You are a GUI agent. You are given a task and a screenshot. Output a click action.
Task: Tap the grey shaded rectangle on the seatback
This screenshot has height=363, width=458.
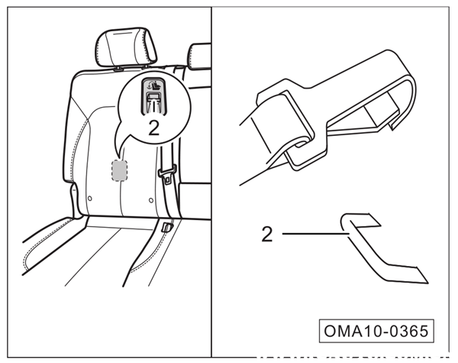119,170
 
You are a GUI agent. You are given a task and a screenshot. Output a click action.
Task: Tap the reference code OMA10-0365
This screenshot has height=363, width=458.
375,332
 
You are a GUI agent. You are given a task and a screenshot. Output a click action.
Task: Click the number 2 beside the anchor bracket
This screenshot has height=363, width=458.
266,234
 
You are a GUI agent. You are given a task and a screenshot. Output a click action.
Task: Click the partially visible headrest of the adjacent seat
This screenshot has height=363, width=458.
199,55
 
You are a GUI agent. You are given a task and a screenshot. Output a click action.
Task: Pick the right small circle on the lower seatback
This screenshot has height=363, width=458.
151,200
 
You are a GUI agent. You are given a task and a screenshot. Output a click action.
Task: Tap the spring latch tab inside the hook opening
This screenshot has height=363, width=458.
378,115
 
